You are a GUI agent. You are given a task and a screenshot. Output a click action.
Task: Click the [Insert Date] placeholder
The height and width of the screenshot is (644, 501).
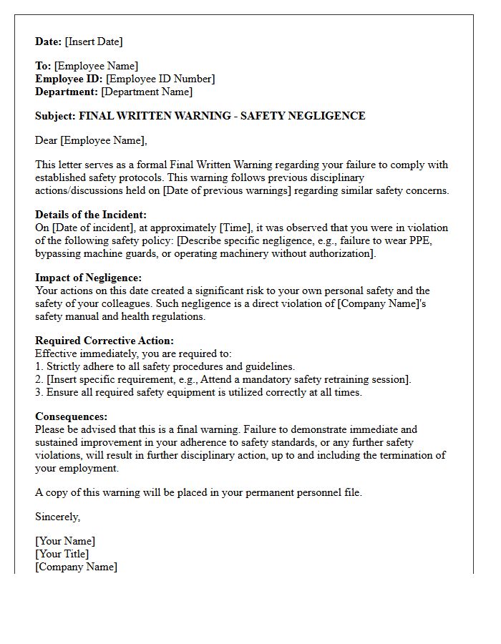click(x=94, y=42)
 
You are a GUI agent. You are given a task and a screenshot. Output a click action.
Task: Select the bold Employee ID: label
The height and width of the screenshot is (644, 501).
click(x=69, y=79)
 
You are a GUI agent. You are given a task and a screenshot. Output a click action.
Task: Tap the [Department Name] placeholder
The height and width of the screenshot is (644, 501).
click(x=147, y=92)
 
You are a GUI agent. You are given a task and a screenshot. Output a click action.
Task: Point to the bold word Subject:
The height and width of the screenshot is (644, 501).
click(x=55, y=116)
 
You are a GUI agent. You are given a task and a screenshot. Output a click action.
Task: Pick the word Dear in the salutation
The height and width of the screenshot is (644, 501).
click(x=47, y=140)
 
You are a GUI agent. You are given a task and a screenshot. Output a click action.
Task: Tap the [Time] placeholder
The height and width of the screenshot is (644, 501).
click(x=235, y=228)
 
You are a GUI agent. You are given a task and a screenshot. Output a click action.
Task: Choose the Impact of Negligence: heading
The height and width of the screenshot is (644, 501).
click(x=88, y=278)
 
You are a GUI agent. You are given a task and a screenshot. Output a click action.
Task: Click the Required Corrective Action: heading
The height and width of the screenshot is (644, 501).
click(x=104, y=341)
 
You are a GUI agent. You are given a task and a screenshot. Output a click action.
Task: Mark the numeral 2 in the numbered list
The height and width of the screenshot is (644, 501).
click(x=39, y=379)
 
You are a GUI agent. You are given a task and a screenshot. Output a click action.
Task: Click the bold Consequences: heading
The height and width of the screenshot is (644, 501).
click(x=72, y=416)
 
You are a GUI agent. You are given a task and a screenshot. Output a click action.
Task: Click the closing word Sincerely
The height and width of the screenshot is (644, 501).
click(x=57, y=517)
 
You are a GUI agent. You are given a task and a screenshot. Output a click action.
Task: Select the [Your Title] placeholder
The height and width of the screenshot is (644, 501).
click(x=62, y=554)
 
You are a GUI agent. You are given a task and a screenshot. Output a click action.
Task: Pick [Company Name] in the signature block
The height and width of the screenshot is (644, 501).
click(x=77, y=567)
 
